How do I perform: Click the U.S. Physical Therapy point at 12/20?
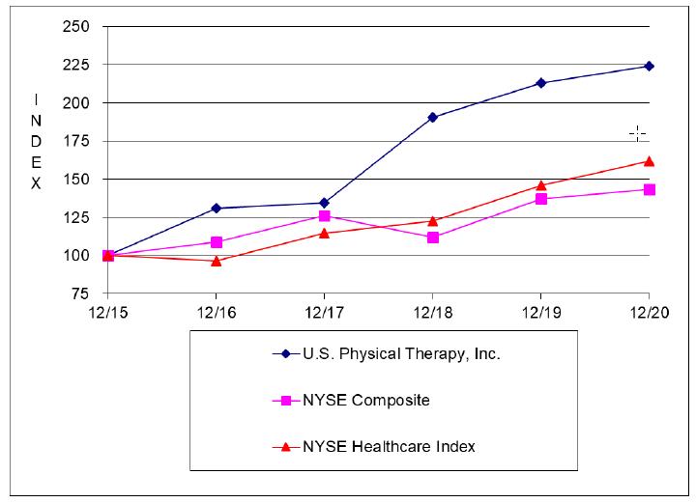click(649, 67)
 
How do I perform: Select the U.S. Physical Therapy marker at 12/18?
click(432, 118)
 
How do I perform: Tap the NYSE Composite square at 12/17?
click(324, 216)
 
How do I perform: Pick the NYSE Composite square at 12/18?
click(432, 237)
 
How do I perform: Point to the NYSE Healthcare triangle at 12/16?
click(216, 261)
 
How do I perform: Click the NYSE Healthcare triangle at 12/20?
click(649, 161)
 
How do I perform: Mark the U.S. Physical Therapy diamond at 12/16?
click(216, 209)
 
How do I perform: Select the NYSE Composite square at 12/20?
click(649, 189)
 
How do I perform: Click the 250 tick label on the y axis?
click(76, 26)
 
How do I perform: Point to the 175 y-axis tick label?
click(76, 141)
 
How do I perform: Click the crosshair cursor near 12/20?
click(637, 132)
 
